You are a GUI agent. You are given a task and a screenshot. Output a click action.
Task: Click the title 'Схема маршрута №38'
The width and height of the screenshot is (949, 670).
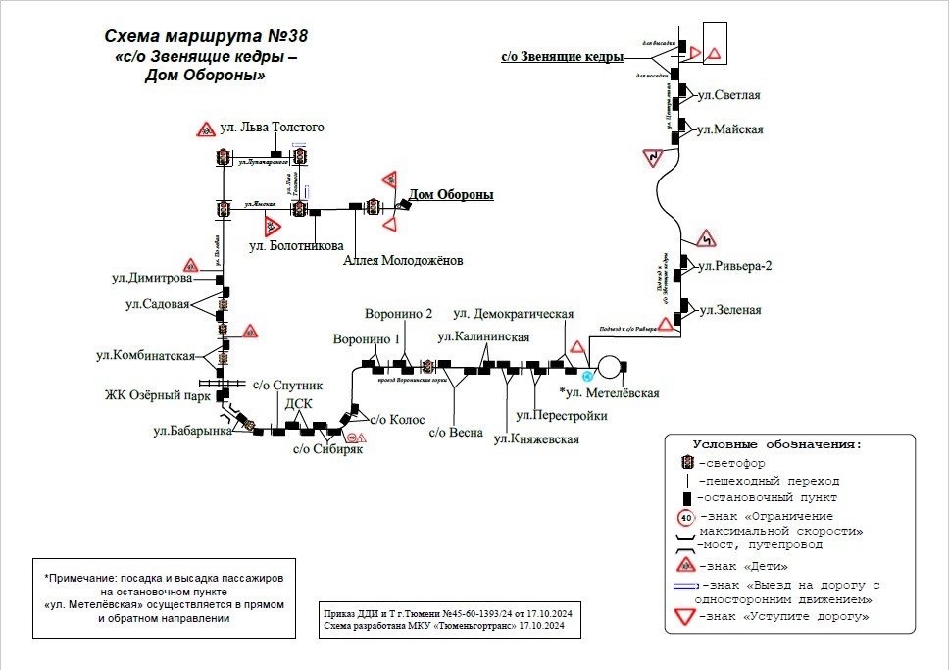(206, 36)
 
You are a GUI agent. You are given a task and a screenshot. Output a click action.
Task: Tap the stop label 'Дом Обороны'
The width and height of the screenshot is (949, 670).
(451, 195)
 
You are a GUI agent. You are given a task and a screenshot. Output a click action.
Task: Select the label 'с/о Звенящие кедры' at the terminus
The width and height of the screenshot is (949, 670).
(562, 57)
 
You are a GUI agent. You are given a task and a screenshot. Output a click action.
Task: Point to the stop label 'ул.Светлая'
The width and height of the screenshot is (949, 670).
(728, 95)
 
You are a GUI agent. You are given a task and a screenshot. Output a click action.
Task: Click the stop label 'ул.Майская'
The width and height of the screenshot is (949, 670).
(729, 129)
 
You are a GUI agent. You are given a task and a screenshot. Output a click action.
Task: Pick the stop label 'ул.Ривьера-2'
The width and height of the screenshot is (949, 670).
(735, 265)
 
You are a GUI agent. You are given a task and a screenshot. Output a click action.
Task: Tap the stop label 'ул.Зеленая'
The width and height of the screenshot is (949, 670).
(729, 310)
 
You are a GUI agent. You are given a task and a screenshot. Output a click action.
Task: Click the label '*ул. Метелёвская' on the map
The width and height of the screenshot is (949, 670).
(609, 393)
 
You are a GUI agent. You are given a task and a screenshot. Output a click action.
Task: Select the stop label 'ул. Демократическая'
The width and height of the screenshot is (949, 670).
(513, 314)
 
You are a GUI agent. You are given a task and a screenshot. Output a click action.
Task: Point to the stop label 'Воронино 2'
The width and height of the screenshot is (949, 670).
(398, 315)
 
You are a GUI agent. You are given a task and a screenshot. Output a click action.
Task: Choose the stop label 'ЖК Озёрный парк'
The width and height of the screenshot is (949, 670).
(159, 397)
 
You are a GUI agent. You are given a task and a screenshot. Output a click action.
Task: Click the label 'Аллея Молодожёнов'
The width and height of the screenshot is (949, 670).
(403, 261)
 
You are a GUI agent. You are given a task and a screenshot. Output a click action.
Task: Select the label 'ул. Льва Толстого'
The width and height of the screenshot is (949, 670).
(272, 128)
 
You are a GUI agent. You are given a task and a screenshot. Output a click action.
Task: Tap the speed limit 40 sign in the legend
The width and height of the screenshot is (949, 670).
(686, 518)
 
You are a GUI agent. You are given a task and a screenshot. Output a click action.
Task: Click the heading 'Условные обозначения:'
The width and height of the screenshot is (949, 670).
(777, 444)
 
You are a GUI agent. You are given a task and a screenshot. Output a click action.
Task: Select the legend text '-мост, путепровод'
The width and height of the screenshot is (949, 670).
(760, 544)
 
